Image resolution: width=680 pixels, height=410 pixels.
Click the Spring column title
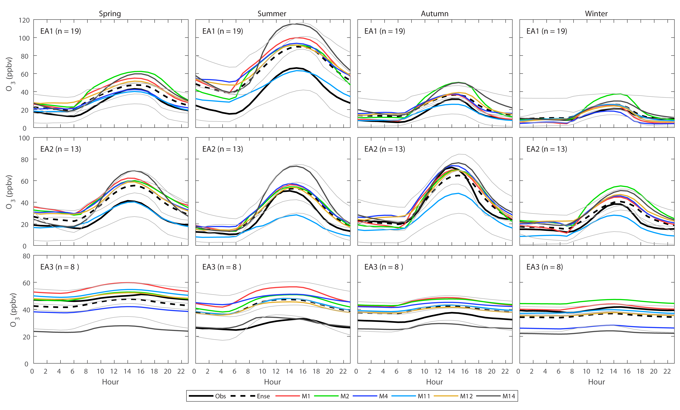point(110,14)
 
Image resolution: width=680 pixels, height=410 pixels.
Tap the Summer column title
point(272,14)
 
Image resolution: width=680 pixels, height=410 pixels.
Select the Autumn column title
point(434,14)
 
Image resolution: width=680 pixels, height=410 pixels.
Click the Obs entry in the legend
point(220,396)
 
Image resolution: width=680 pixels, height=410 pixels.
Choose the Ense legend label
point(263,396)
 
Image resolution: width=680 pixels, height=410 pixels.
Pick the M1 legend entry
point(306,396)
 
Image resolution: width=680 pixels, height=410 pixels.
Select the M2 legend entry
point(345,396)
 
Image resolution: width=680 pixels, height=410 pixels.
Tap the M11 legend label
point(424,396)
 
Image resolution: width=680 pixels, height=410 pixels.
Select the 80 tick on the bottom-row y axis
point(26,256)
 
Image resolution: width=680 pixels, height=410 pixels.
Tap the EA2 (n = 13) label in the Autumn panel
point(384,149)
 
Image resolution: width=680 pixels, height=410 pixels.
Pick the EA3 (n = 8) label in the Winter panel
point(544,267)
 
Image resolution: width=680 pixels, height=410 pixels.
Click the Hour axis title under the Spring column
point(110,382)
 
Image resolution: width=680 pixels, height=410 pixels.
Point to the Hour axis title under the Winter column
point(596,382)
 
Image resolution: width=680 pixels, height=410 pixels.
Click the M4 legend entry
point(383,396)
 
